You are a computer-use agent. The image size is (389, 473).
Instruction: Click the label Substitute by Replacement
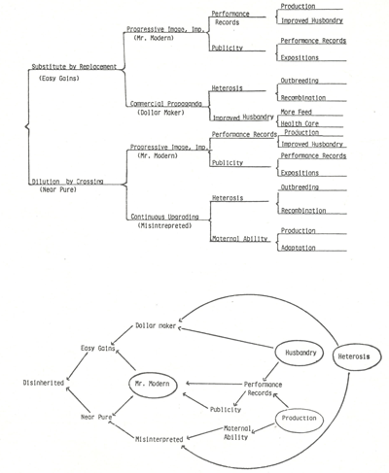75,66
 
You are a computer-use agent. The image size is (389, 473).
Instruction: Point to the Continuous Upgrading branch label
166,218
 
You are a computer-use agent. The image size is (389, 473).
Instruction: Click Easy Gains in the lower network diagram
99,347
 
